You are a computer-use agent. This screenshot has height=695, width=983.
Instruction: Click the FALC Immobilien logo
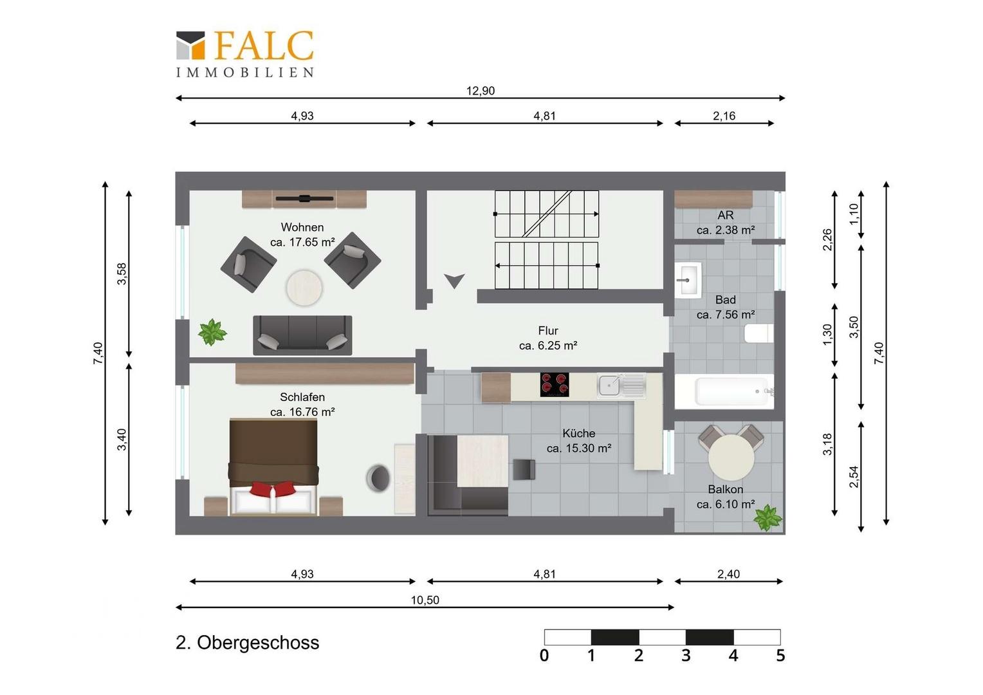coord(245,54)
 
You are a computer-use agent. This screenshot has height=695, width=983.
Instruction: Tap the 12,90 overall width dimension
coord(480,91)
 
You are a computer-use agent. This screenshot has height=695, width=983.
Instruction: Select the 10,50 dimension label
coord(425,600)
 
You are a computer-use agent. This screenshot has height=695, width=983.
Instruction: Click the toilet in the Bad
coord(758,333)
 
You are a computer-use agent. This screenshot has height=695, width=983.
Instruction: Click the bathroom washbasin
coord(688,280)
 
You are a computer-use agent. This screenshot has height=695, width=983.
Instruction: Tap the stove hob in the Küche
coord(555,385)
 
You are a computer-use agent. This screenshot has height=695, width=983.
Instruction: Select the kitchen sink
coord(621,385)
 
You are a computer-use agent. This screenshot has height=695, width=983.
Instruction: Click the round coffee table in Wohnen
coord(304,288)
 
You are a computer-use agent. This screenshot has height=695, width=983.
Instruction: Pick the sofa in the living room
coord(302,335)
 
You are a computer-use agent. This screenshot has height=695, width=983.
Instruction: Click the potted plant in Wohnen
coord(212,332)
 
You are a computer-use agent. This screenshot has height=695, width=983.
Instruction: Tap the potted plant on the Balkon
coord(767,518)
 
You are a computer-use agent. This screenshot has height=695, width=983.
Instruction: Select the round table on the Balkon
coord(731,458)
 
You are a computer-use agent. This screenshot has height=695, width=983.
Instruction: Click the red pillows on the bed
coord(273,488)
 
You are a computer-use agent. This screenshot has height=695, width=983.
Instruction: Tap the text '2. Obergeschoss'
coord(247,643)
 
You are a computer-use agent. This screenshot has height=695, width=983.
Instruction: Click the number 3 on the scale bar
coord(686,656)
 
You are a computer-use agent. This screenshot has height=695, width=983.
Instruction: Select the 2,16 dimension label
coord(724,116)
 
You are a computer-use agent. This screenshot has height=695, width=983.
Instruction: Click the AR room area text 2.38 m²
coord(726,230)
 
